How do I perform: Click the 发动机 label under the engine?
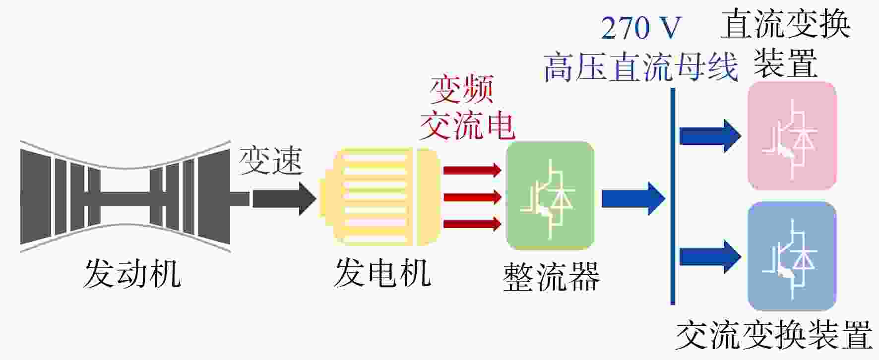132,274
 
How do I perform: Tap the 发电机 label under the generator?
382,274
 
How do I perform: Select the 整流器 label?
551,277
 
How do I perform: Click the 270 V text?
641,28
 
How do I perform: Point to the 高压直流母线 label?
641,67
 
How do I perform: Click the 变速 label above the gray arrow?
270,161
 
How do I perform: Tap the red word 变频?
462,90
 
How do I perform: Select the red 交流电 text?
467,125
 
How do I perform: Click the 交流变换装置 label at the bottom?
774,335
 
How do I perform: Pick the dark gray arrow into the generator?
284,198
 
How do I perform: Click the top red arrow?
472,170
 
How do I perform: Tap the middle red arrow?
472,197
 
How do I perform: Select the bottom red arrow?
472,224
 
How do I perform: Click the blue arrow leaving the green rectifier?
633,198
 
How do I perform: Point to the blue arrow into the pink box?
711,136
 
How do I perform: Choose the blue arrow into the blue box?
711,256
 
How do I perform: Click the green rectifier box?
550,196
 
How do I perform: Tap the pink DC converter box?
792,136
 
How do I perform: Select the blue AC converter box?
792,256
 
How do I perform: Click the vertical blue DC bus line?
673,196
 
